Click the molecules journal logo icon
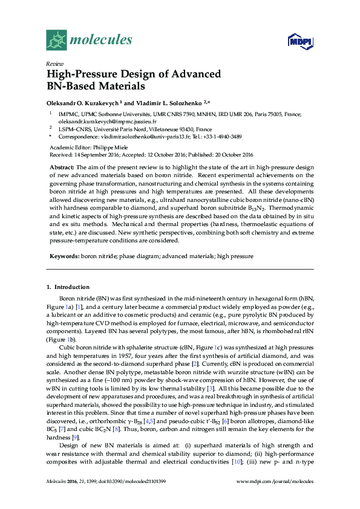(56, 40)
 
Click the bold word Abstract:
(61, 167)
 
